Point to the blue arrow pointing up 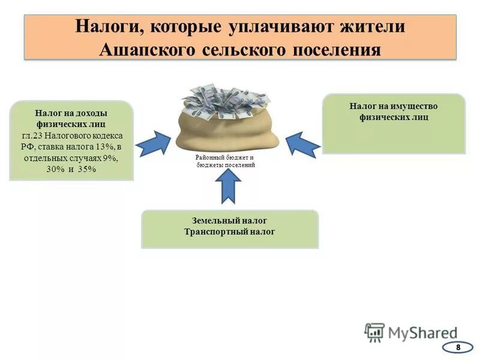(228, 186)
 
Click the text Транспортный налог (230, 231)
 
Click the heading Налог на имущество (394, 106)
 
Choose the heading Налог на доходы (71, 113)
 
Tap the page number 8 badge (458, 347)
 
